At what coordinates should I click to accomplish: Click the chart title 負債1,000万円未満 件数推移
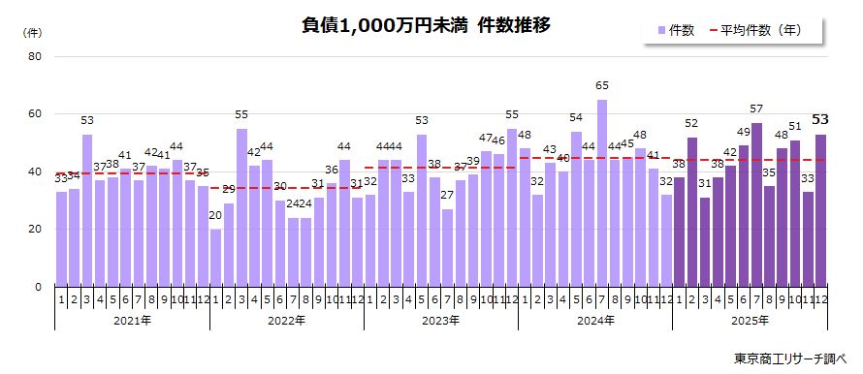(427, 26)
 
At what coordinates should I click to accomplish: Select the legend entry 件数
(675, 31)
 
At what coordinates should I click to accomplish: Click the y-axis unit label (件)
(32, 32)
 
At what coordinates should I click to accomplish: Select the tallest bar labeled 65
(602, 194)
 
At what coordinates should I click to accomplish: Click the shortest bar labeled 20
(215, 258)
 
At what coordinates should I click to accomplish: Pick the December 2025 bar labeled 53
(820, 211)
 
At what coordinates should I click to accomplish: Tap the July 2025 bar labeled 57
(756, 205)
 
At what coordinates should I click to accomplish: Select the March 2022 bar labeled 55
(241, 208)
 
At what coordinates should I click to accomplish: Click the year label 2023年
(440, 319)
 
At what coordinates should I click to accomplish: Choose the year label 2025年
(749, 319)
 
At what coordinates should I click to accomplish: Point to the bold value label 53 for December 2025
(820, 120)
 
